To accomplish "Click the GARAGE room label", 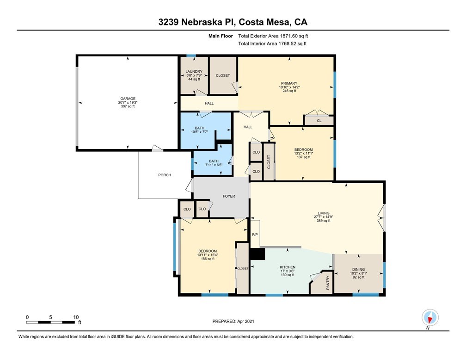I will click(x=128, y=99).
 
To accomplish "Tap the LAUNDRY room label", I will click(x=194, y=71).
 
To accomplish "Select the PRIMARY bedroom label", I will click(x=289, y=83).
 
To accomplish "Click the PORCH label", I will click(x=165, y=175).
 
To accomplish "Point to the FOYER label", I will click(x=229, y=196).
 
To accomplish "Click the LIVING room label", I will click(x=324, y=213).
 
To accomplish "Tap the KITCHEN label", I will click(x=287, y=267).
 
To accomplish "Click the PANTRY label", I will click(x=328, y=282).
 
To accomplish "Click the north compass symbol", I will click(x=430, y=318).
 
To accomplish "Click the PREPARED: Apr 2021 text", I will click(x=233, y=321).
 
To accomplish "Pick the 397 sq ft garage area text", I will click(x=128, y=106).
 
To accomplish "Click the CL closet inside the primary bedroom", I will click(x=319, y=121).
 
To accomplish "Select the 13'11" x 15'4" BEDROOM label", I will click(x=207, y=255).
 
